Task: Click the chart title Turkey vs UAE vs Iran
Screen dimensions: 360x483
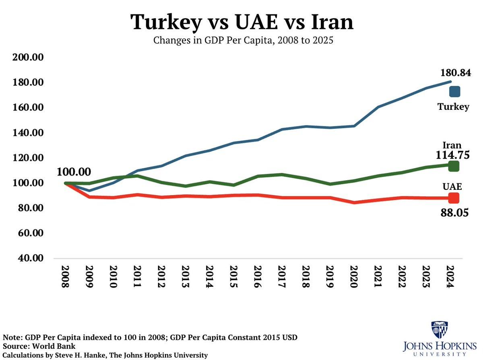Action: coord(242,22)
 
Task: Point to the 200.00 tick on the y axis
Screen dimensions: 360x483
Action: coord(28,58)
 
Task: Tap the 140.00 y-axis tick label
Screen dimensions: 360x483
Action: coord(28,133)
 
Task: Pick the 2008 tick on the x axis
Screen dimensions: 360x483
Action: coord(65,276)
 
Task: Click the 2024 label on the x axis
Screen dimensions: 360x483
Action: coord(450,276)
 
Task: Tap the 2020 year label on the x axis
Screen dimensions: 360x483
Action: coord(353,276)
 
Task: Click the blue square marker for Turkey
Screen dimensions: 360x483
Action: coord(454,92)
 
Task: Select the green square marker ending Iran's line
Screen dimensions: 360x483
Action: coord(454,166)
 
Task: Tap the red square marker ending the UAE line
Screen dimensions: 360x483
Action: coord(454,198)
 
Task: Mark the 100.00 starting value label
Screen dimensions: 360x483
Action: coord(74,172)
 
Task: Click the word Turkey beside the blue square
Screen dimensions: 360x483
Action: coord(454,107)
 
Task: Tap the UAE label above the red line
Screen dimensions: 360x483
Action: coord(452,187)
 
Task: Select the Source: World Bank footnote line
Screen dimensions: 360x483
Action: coord(39,346)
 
